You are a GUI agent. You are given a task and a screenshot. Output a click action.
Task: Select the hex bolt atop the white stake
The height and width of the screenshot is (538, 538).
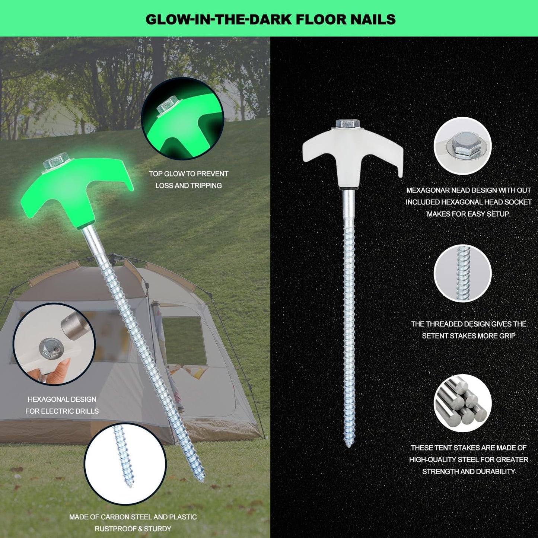coord(348,124)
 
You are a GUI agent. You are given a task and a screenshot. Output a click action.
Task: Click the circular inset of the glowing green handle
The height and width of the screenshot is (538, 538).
coord(182,118)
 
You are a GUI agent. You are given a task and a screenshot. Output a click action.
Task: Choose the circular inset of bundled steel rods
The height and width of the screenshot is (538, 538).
coord(462,403)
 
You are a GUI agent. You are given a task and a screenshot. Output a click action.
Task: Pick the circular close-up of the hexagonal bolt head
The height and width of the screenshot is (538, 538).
coord(462,146)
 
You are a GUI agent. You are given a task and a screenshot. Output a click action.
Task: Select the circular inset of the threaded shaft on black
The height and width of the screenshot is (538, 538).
coord(462,273)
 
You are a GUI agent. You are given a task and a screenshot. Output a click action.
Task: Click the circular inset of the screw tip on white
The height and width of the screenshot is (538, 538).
coord(125,464)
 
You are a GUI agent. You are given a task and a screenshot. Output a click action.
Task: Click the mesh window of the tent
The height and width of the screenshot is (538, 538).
coord(184,341)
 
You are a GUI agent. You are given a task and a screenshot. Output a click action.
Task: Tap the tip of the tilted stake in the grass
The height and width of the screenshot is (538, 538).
coord(203,480)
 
